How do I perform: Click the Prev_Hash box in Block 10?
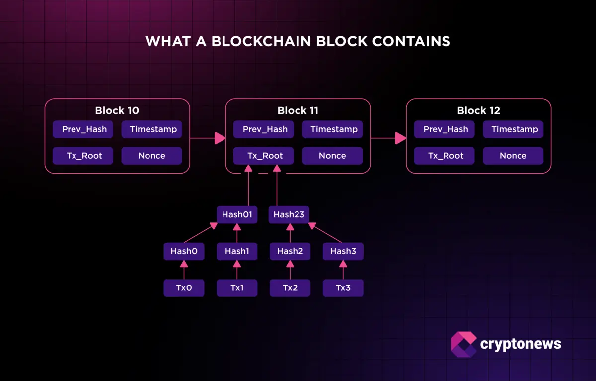(x=84, y=129)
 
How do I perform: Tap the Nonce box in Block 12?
(x=513, y=156)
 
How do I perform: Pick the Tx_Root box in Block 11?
(x=265, y=156)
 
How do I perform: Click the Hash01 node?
(x=237, y=215)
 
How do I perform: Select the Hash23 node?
(x=290, y=215)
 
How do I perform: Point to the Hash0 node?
(x=184, y=251)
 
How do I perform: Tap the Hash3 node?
(x=343, y=251)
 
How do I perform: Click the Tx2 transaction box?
(x=290, y=288)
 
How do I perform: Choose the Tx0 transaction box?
(x=184, y=288)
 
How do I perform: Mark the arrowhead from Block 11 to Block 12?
(x=400, y=138)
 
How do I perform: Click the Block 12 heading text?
(x=478, y=110)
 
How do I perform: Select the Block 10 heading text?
(x=117, y=110)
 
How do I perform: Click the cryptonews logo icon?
(x=463, y=344)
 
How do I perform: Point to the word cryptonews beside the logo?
(x=521, y=344)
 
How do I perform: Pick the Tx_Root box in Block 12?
(x=446, y=156)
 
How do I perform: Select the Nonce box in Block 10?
(x=151, y=156)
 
